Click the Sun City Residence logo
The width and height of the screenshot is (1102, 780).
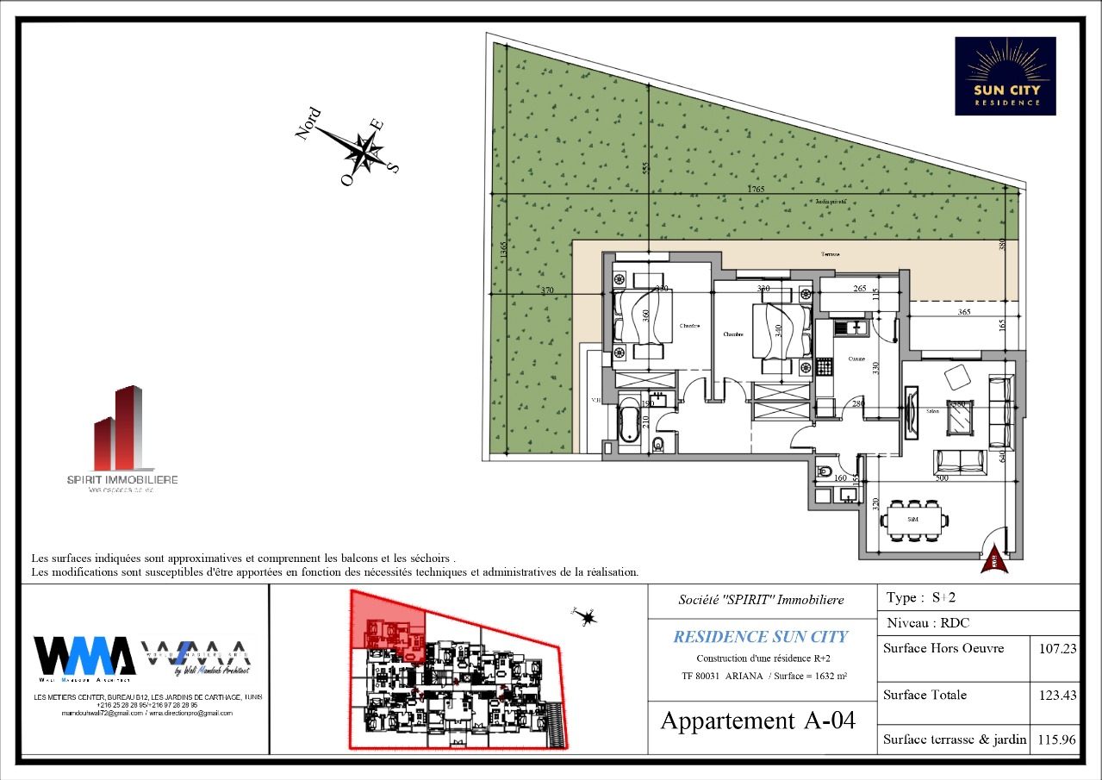click(1005, 76)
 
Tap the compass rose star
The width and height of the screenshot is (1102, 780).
click(365, 153)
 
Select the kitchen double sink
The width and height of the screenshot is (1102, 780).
click(854, 327)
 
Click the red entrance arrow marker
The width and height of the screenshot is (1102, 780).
click(994, 559)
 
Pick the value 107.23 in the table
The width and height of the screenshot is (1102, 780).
click(1055, 649)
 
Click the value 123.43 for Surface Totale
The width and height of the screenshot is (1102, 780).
click(1055, 695)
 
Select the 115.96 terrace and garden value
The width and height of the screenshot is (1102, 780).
click(1055, 739)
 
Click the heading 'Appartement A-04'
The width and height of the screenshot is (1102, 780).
click(758, 721)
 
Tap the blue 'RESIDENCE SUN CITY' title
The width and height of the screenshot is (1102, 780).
click(760, 637)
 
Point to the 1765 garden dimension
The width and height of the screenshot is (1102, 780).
click(755, 189)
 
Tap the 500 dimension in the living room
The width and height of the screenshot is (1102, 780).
click(941, 477)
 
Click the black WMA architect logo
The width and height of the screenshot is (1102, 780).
click(84, 657)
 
